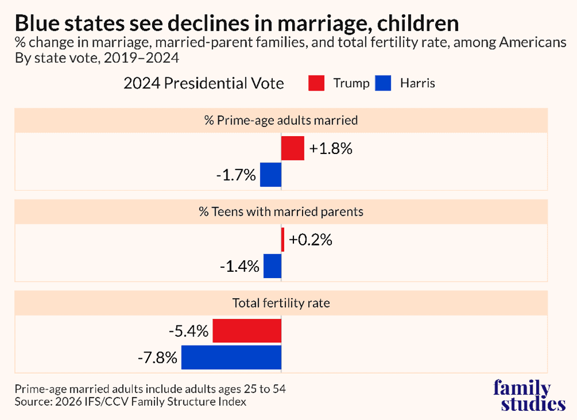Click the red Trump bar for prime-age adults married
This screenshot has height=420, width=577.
coord(292,148)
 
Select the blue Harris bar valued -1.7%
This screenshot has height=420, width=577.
coord(270,174)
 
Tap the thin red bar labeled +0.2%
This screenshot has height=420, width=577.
coord(282,239)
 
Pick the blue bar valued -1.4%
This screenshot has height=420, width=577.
coord(272,266)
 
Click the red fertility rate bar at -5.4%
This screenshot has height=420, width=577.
coord(247,331)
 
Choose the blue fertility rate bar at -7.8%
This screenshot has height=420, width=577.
coord(231,357)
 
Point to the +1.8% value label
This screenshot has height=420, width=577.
coord(330,148)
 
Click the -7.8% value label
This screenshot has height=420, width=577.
coord(157,358)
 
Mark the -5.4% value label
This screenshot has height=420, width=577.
coord(188,331)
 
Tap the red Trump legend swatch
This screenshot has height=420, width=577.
coord(317,83)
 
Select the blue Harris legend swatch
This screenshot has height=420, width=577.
coord(383,83)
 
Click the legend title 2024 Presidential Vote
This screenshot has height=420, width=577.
coord(203,84)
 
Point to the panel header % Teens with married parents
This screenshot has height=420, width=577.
coord(281,212)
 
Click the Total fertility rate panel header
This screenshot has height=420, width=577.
coord(281,302)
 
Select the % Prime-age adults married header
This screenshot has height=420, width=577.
coord(281,121)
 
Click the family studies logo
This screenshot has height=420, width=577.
coord(529,396)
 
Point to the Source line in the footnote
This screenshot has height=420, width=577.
coord(130,402)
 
